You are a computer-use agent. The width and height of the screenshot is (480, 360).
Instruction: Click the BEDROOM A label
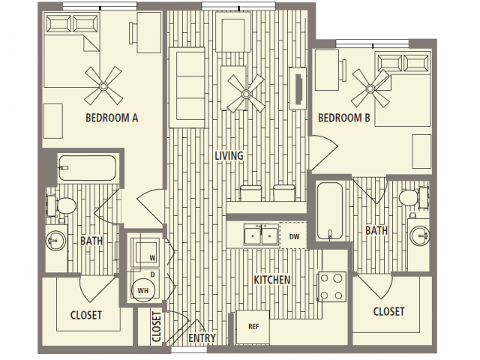[112, 118]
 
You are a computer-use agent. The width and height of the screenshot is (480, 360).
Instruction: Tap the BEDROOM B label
[344, 118]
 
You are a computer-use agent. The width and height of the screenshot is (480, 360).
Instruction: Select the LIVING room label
[229, 155]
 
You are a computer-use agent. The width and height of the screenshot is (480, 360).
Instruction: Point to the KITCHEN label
[272, 280]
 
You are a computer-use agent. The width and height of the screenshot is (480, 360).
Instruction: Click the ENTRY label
[202, 338]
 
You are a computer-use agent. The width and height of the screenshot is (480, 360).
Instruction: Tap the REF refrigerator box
[253, 327]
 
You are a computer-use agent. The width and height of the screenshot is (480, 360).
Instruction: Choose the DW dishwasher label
[294, 237]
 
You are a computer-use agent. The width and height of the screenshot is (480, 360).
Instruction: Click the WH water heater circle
[143, 290]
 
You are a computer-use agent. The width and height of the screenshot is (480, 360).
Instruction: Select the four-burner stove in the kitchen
[331, 286]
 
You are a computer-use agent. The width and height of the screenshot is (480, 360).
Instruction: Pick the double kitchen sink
[261, 235]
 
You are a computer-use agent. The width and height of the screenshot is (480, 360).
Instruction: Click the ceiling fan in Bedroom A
[103, 86]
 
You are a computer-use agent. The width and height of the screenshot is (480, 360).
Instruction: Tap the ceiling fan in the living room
[246, 94]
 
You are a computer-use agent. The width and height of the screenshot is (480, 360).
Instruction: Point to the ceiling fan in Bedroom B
[370, 88]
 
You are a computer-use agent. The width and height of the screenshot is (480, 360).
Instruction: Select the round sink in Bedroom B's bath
[420, 235]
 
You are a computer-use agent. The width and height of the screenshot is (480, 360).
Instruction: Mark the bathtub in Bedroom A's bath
[87, 168]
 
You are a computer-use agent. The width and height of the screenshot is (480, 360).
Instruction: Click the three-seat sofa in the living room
[187, 88]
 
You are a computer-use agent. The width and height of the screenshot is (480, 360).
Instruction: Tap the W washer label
[152, 258]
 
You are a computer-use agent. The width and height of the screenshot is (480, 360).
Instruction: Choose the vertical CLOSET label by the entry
[156, 327]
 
